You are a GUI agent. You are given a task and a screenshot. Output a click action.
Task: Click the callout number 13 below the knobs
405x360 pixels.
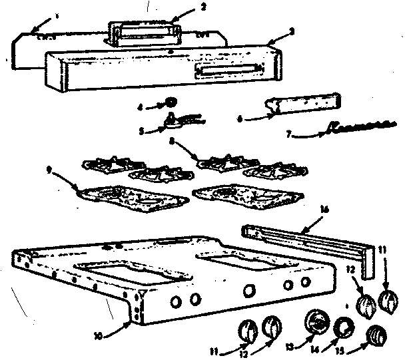[x=288, y=346]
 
